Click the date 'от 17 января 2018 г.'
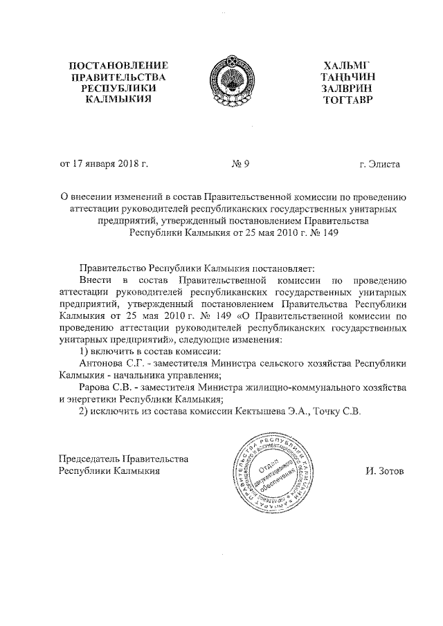pyautogui.click(x=105, y=165)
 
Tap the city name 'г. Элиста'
pyautogui.click(x=379, y=165)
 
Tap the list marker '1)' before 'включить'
pyautogui.click(x=85, y=351)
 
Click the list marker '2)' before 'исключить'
pyautogui.click(x=85, y=411)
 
